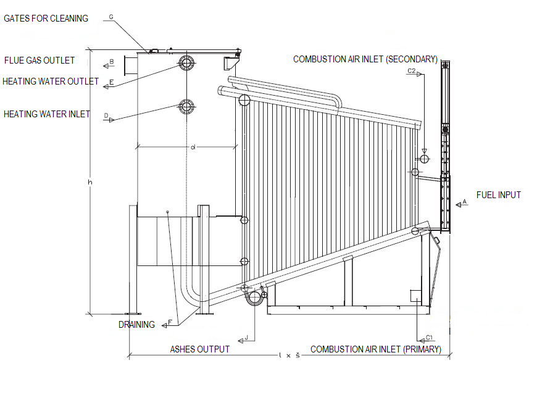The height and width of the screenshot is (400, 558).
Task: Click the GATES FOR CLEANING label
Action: pyautogui.click(x=46, y=19)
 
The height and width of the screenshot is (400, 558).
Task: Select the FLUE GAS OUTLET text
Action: pyautogui.click(x=40, y=60)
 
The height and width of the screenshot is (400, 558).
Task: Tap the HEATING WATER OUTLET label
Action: pyautogui.click(x=51, y=81)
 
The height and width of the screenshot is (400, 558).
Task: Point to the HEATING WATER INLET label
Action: pyautogui.click(x=47, y=114)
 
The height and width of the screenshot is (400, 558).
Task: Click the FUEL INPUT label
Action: pyautogui.click(x=499, y=195)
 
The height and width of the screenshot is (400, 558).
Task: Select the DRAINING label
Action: pyautogui.click(x=136, y=325)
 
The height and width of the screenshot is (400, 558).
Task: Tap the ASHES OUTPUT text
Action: pyautogui.click(x=199, y=349)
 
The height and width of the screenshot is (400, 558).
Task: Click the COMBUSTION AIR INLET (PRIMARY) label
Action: pyautogui.click(x=376, y=349)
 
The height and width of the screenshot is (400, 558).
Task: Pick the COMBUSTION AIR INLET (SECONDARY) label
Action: pyautogui.click(x=365, y=59)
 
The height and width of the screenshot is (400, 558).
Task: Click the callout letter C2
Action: pyautogui.click(x=411, y=72)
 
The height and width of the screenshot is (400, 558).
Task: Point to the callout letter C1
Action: pyautogui.click(x=430, y=337)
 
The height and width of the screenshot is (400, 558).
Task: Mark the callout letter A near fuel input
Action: pyautogui.click(x=465, y=202)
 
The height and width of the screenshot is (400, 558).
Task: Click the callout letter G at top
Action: pyautogui.click(x=111, y=17)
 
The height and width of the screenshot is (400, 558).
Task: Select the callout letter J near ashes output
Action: pyautogui.click(x=246, y=337)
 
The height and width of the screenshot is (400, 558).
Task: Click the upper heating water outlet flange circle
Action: pyautogui.click(x=186, y=62)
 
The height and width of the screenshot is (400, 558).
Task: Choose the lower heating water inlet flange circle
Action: pyautogui.click(x=186, y=107)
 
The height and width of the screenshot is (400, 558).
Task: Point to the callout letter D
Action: pyautogui.click(x=106, y=115)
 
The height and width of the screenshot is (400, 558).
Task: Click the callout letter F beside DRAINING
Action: pyautogui.click(x=170, y=322)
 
